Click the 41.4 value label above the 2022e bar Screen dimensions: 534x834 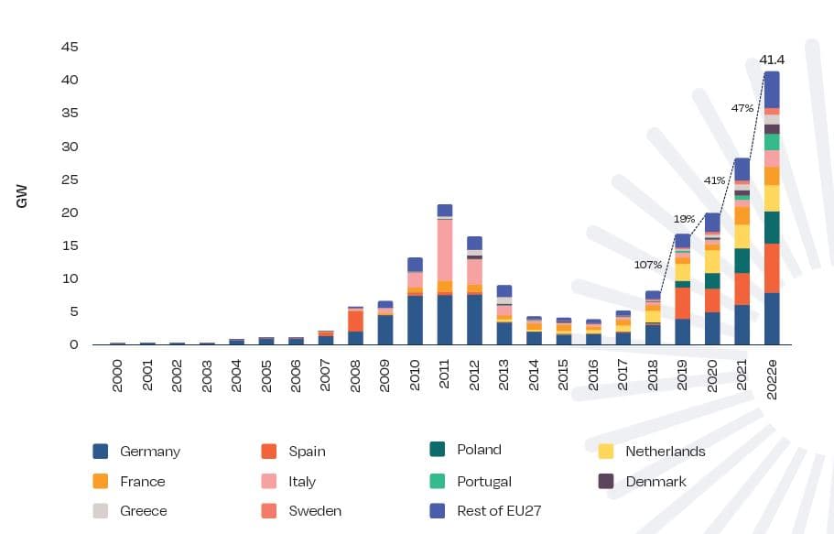(x=772, y=60)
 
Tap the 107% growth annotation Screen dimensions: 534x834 (x=647, y=265)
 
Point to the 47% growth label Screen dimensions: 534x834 (x=742, y=108)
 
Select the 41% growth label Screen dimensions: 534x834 (x=714, y=180)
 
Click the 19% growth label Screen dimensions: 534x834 (x=684, y=219)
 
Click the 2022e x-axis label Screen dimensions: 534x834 (x=772, y=377)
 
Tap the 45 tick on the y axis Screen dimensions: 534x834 (x=70, y=47)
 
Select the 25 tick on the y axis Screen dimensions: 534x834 (x=70, y=180)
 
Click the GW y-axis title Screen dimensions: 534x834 (x=22, y=196)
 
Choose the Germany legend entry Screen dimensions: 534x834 (x=149, y=452)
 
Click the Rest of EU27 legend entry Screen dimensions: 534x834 (x=499, y=510)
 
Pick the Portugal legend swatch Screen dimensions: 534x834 (x=438, y=481)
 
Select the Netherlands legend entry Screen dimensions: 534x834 (x=665, y=452)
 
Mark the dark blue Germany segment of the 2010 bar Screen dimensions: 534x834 (x=415, y=320)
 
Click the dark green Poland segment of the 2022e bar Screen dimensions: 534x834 (x=772, y=227)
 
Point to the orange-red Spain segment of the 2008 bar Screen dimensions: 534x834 (x=355, y=321)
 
